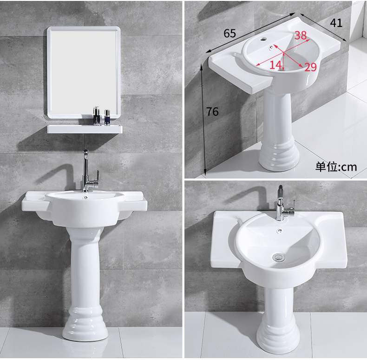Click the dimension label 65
click(229, 33)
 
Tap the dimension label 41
click(336, 23)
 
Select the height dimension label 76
click(212, 111)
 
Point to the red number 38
click(301, 35)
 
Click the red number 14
click(275, 65)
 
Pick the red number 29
click(310, 67)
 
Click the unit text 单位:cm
click(336, 167)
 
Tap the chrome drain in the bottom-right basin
click(279, 257)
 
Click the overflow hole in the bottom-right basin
click(280, 231)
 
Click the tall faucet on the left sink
click(90, 171)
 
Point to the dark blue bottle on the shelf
click(107, 117)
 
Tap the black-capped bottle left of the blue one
click(97, 116)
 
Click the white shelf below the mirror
click(85, 129)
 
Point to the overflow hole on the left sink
click(85, 198)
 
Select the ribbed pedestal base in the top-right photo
click(279, 155)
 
